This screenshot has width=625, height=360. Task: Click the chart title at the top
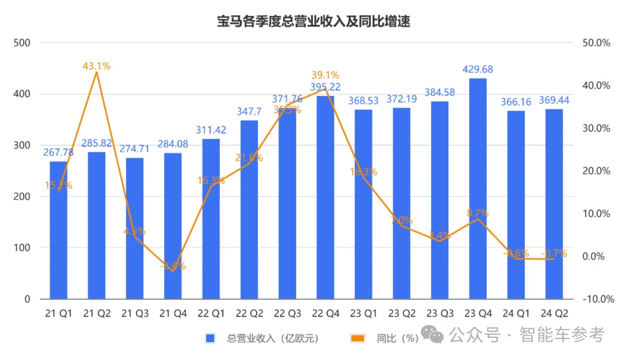(x=312, y=22)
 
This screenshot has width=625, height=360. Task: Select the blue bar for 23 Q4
(x=478, y=188)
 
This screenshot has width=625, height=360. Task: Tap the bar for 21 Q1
(x=59, y=230)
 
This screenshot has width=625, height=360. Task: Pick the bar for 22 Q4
(x=325, y=197)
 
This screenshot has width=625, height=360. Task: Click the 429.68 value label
(x=478, y=69)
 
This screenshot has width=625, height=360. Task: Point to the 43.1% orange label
(x=97, y=66)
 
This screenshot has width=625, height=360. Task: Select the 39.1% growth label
(x=325, y=75)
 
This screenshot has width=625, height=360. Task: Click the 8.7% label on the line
(x=478, y=213)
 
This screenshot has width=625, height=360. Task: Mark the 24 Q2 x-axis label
(x=555, y=313)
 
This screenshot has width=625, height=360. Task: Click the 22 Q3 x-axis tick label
(x=287, y=313)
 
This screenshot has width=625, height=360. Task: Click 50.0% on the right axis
(x=596, y=43)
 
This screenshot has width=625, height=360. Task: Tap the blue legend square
(x=210, y=339)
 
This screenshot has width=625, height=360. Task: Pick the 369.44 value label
(x=555, y=100)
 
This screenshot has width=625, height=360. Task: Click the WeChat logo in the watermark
(x=434, y=335)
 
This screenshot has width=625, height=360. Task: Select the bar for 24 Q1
(x=516, y=205)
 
